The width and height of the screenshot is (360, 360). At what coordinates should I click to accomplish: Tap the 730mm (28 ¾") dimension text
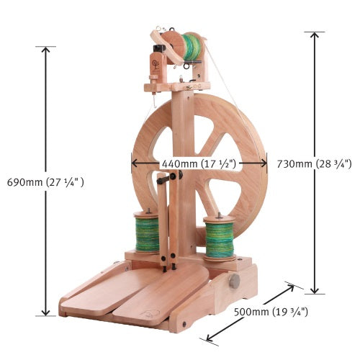pos(314,163)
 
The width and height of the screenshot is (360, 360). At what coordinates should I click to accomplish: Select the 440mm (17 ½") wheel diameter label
pos(198,163)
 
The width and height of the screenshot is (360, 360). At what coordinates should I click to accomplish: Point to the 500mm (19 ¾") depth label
pos(271,312)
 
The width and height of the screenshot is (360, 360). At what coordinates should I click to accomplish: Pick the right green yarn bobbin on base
pos(220,238)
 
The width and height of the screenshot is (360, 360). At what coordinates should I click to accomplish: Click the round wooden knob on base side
pos(234,281)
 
